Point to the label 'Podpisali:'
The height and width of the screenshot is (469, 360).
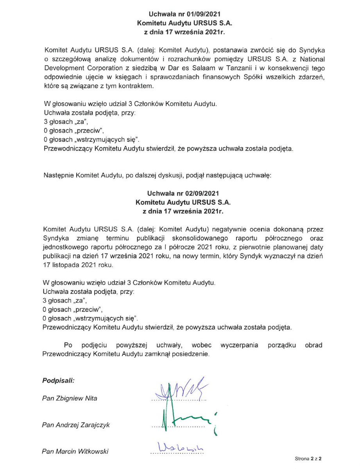(x=58, y=380)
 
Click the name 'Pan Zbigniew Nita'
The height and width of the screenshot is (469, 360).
(x=70, y=398)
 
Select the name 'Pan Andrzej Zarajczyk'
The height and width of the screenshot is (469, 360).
(x=76, y=425)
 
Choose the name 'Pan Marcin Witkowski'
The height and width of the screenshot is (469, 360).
(x=75, y=451)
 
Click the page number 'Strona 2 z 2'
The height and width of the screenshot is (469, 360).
(x=310, y=458)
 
